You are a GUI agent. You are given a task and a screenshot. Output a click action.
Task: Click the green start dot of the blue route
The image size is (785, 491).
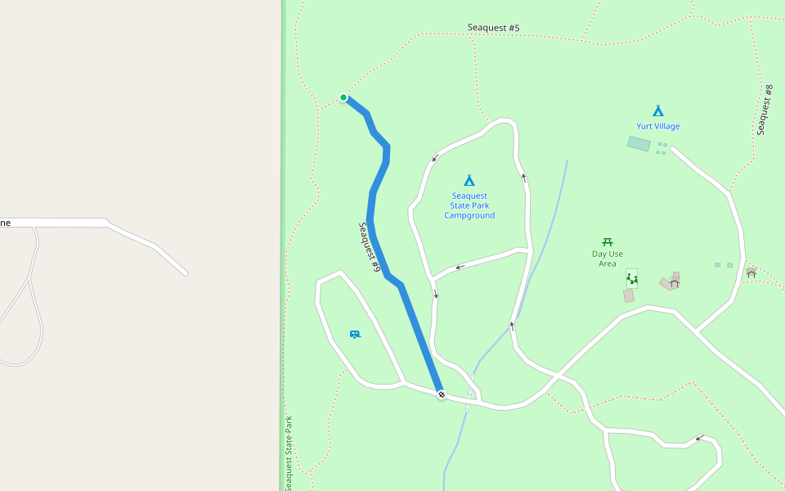click(343, 97)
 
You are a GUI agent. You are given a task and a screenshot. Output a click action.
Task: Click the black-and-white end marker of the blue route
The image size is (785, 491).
click(442, 394)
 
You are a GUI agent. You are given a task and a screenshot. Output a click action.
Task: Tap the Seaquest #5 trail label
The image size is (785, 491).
click(493, 28)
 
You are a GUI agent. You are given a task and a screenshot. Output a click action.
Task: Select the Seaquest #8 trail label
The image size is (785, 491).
click(765, 110)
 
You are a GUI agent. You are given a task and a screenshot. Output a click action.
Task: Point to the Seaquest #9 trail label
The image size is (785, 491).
click(370, 247)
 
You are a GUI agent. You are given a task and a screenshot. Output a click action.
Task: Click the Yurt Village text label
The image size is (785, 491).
click(657, 126)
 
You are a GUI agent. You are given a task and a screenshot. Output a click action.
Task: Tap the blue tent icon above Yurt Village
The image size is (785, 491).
click(657, 110)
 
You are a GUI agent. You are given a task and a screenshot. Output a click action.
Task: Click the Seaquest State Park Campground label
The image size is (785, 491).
click(469, 205)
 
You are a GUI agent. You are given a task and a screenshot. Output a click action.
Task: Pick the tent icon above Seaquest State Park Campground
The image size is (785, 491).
click(469, 180)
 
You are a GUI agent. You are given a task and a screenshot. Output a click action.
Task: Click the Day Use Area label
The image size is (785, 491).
click(607, 259)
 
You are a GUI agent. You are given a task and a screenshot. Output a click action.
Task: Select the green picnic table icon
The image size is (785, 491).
click(608, 242)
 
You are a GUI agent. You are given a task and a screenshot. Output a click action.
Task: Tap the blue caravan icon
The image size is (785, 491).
click(355, 334)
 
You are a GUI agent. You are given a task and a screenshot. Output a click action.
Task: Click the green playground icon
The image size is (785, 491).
click(631, 279)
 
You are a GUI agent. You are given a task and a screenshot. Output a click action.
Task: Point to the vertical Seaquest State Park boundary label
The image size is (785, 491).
click(289, 453)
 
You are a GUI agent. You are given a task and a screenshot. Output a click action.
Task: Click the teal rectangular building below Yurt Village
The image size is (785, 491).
click(639, 144)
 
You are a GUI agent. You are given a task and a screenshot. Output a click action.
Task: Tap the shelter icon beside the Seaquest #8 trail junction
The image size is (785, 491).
click(751, 273)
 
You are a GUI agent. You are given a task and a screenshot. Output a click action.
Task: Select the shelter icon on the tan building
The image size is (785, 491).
click(674, 282)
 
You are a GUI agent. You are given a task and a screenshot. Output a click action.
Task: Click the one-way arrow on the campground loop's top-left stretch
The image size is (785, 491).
click(436, 157)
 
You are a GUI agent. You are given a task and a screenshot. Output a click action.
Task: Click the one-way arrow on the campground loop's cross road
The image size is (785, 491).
click(460, 267)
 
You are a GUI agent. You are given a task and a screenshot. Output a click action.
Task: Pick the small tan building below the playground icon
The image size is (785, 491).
click(628, 296)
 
